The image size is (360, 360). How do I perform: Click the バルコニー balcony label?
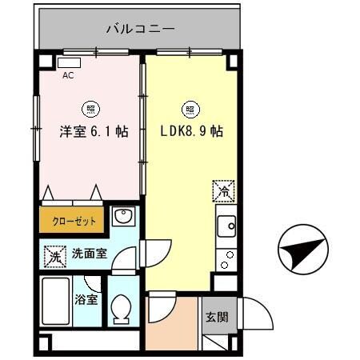(x=141, y=30)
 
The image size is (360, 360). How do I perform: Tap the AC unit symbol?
(x=70, y=62)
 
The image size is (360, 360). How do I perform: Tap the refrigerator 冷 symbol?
(x=223, y=192)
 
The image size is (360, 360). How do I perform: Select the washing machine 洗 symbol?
(x=52, y=257)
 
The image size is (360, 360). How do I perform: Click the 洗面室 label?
(x=90, y=255)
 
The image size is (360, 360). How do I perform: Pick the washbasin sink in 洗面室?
(x=122, y=217)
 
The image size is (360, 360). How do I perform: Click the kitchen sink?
(x=226, y=226)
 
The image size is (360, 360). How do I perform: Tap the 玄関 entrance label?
(x=216, y=316)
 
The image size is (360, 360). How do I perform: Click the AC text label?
(x=68, y=77)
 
